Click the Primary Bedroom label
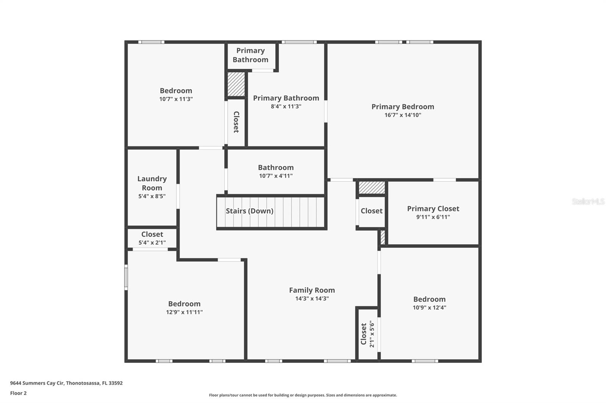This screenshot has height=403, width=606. (x=403, y=107)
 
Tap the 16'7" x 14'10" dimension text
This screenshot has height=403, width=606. (x=403, y=115)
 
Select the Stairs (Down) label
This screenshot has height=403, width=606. (x=250, y=211)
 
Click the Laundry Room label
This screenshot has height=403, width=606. (x=152, y=183)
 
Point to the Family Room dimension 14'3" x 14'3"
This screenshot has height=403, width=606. (x=312, y=298)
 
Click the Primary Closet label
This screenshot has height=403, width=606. (x=433, y=209)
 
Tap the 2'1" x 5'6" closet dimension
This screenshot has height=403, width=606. (x=372, y=334)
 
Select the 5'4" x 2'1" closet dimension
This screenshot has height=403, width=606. (x=152, y=243)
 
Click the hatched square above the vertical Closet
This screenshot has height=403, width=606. (x=236, y=84)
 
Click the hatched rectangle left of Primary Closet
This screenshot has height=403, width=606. (x=383, y=237)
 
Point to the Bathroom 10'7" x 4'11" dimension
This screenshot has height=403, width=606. (x=276, y=176)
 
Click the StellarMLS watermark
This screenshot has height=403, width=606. (x=588, y=201)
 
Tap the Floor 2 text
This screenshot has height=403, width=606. (x=18, y=393)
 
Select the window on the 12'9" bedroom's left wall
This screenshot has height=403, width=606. (x=126, y=277)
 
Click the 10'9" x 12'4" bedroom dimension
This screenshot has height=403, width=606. (x=429, y=307)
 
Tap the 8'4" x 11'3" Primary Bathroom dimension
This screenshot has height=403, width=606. (x=286, y=106)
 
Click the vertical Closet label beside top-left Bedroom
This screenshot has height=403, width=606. (x=236, y=122)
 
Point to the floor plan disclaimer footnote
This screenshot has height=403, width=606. (x=303, y=395)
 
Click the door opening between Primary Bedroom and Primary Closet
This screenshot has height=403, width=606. (x=444, y=180)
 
